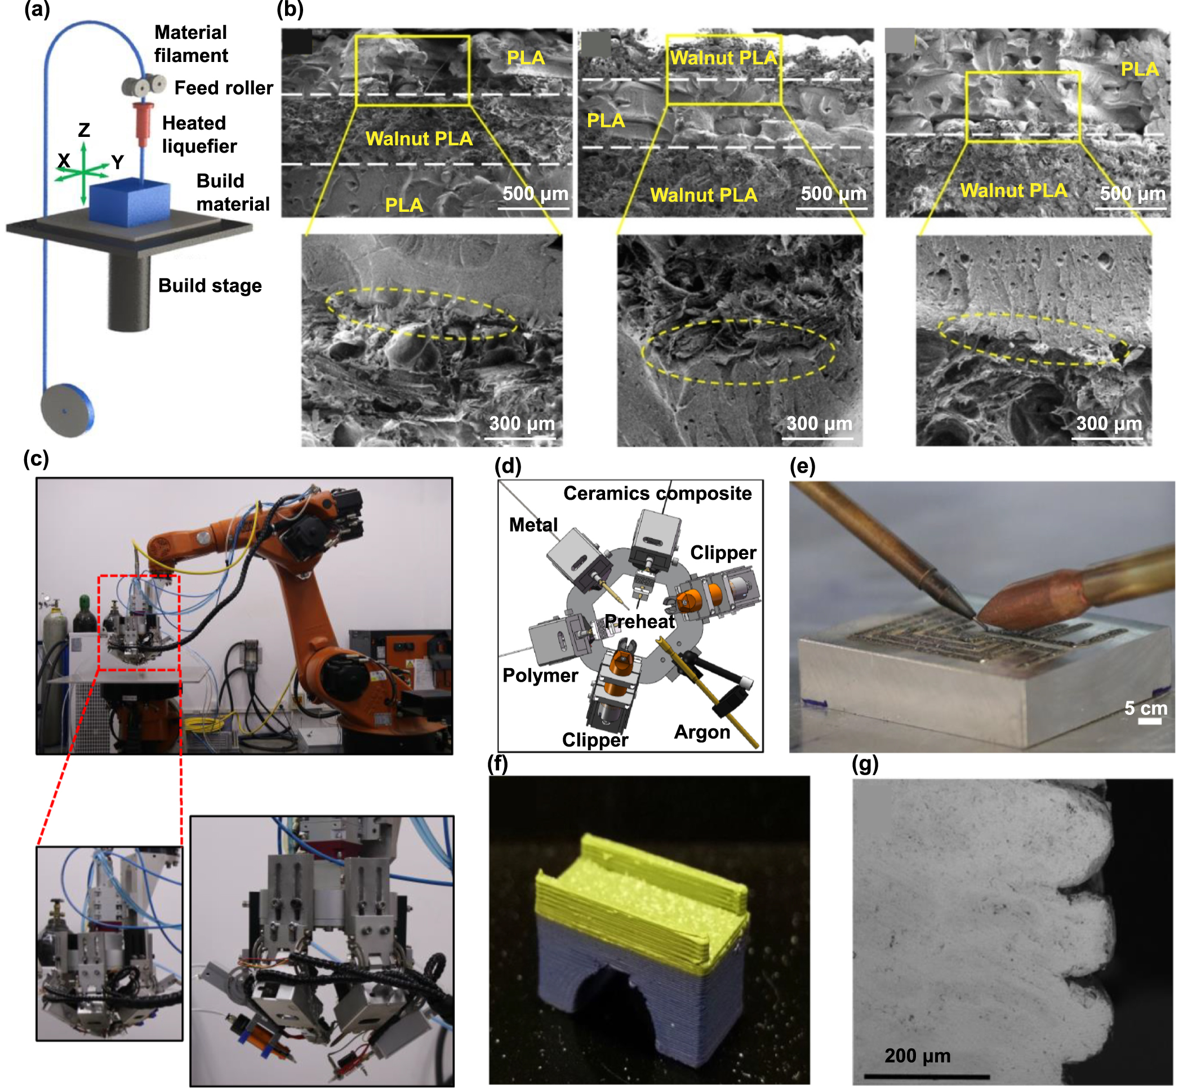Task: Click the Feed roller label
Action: [x=223, y=88]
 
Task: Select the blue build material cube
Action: [x=130, y=203]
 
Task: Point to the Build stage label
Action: [x=210, y=286]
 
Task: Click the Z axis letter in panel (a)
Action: [x=84, y=130]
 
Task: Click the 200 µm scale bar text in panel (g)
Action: [x=917, y=1055]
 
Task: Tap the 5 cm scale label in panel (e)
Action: [x=1145, y=708]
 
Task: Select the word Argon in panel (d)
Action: [x=702, y=732]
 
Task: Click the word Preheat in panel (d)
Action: [x=639, y=621]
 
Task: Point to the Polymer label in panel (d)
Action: [x=540, y=675]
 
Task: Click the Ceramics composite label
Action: [x=657, y=493]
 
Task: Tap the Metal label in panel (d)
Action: [x=533, y=525]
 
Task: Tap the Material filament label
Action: [x=190, y=44]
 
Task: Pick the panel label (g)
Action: [x=865, y=764]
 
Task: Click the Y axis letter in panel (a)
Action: [x=117, y=162]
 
